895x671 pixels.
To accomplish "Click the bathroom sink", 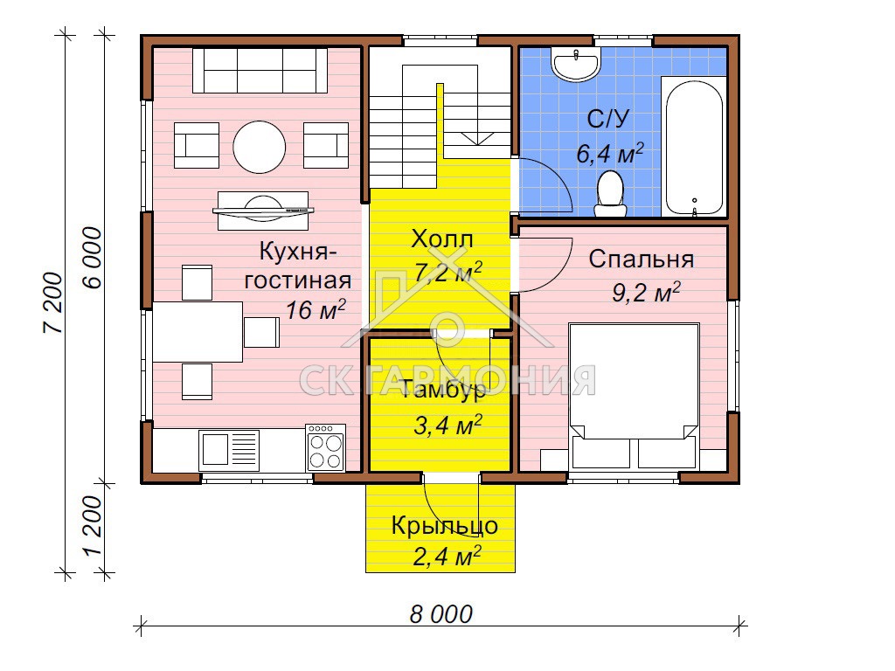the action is point(575,63).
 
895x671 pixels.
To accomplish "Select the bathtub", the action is point(694,147).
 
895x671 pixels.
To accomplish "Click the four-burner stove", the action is point(325,447).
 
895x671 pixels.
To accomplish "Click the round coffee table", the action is point(260,147).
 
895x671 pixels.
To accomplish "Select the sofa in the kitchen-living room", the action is point(260,70).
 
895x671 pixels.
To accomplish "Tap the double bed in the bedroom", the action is point(634,396).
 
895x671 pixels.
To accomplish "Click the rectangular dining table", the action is point(198,332).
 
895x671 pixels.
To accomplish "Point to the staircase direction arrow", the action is point(477,138).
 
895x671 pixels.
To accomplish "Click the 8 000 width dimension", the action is point(441,614).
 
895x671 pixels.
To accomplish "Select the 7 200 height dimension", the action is point(52,302).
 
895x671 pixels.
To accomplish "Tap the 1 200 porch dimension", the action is point(92,525).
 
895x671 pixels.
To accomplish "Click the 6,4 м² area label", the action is point(609,154).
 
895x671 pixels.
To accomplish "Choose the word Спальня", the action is point(641,259).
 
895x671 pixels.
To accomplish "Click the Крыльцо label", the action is point(444,526).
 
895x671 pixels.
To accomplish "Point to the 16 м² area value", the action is point(316,310).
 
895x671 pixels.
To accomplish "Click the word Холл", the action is point(441,239).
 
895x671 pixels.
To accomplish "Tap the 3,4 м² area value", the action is point(447,425).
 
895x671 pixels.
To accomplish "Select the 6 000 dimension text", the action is point(92,257).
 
